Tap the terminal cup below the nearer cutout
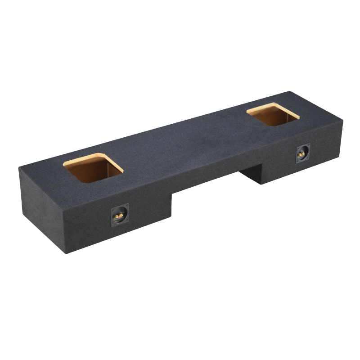click(120, 215)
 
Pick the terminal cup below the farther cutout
click(302, 153)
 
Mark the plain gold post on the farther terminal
click(300, 154)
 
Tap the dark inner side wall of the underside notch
click(252, 173)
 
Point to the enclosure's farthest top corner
click(288, 92)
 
